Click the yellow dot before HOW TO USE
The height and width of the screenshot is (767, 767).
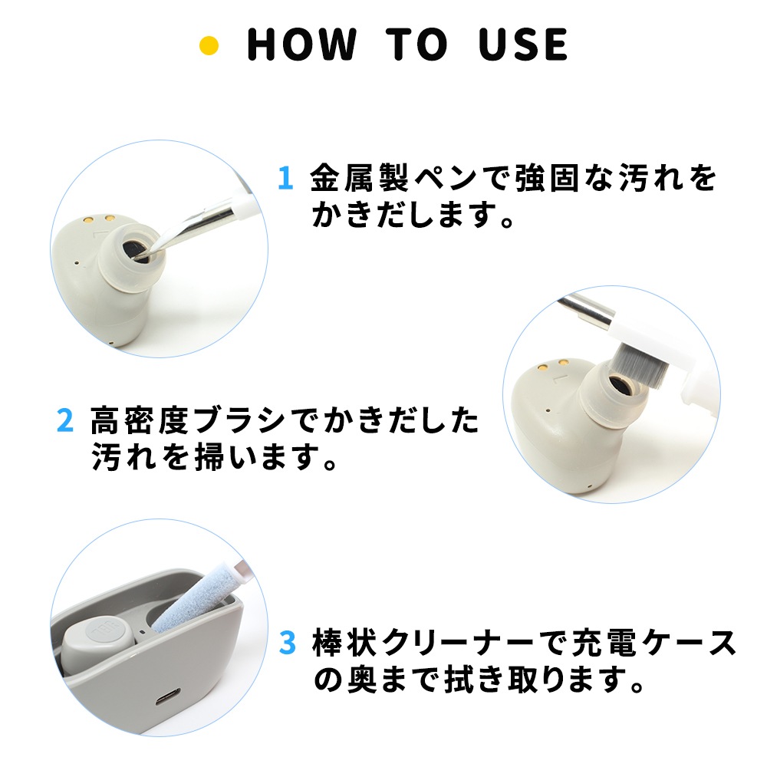pyautogui.click(x=209, y=45)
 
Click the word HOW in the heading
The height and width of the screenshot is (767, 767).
pyautogui.click(x=301, y=44)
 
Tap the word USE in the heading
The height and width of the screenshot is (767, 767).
pyautogui.click(x=523, y=44)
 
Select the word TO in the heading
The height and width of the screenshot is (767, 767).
pyautogui.click(x=416, y=44)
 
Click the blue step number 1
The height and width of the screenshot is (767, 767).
pyautogui.click(x=285, y=178)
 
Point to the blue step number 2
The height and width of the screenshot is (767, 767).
pyautogui.click(x=65, y=420)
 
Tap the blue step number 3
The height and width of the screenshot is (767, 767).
pyautogui.click(x=287, y=642)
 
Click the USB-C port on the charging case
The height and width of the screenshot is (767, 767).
pyautogui.click(x=168, y=696)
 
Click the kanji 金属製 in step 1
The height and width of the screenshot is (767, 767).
pyautogui.click(x=359, y=178)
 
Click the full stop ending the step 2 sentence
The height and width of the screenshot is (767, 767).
pyautogui.click(x=330, y=463)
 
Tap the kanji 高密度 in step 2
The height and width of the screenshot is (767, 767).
pyautogui.click(x=140, y=420)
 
